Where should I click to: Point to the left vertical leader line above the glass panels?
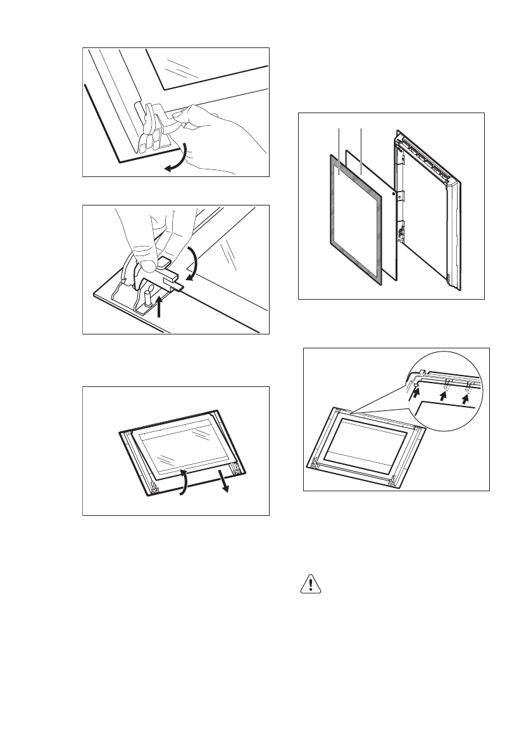(x=340, y=142)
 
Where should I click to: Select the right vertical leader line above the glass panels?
(x=360, y=142)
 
